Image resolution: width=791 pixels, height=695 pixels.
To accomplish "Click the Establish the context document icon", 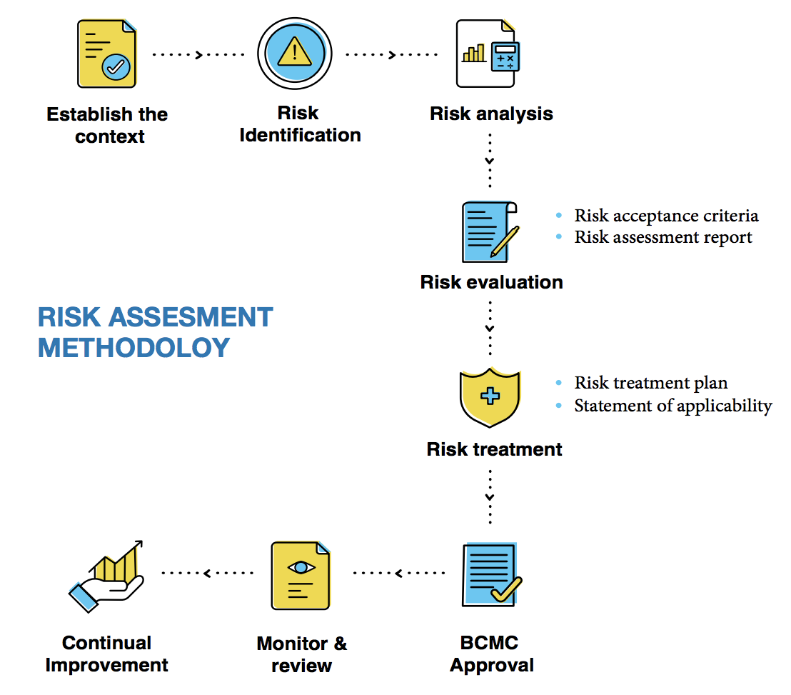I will coord(106,54).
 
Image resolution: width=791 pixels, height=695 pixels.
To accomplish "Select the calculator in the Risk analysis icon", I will coord(504,57).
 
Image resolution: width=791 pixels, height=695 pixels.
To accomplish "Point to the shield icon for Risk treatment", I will coord(490,397).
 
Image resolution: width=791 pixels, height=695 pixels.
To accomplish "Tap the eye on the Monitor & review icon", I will coord(301,566).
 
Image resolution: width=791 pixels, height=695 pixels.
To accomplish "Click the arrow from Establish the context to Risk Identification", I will coord(199,55).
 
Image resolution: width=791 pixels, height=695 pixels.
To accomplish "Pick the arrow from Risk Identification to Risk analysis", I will coord(392,55).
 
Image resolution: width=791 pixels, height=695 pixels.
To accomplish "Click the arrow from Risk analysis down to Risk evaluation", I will coord(490,161).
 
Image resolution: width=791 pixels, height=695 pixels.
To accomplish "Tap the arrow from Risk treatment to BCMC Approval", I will coord(490,496).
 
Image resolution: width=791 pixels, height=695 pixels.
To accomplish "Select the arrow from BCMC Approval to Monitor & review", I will coord(398,573).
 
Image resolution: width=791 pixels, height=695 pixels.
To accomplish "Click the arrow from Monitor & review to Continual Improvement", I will coord(207,573).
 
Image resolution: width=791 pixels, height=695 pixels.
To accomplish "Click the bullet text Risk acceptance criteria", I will coord(666,216).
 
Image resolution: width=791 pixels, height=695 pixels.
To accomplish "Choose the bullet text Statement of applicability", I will coord(673,406).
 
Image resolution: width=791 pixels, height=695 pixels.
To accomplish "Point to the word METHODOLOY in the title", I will coord(134,347).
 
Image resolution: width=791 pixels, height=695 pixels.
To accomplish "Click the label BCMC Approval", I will coord(492,654).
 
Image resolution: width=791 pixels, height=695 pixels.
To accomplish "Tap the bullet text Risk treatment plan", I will coord(650,383).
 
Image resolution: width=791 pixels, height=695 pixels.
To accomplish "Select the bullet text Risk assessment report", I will coord(663,237).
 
